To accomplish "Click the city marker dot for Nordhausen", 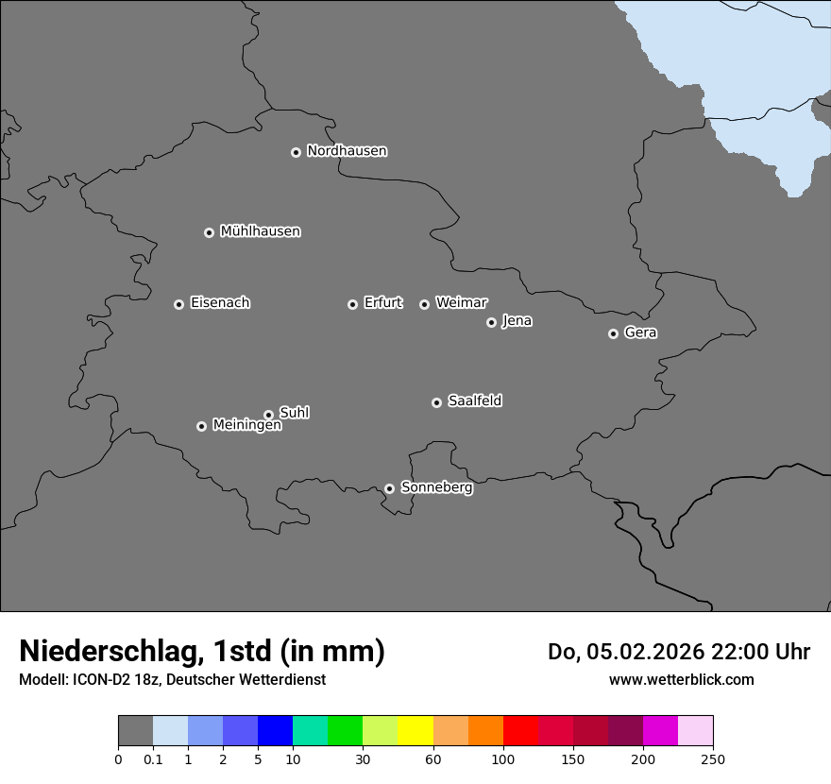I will tap(296, 152).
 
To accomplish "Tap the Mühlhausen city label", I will tap(260, 231).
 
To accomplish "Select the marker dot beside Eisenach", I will tap(178, 304).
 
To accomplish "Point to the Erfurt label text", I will tap(382, 303).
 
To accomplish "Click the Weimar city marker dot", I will tap(424, 304).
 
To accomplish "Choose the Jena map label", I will tap(517, 321).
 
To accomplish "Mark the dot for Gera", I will tap(613, 333).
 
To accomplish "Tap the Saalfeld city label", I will tap(474, 401).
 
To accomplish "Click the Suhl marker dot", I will tap(268, 415).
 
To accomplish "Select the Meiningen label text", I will tap(246, 426).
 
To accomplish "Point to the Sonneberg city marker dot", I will tap(389, 488).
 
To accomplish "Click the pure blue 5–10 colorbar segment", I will tap(275, 731).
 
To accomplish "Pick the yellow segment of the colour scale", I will tap(415, 731).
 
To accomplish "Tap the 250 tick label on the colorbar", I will tap(713, 758).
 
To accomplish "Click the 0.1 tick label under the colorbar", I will tap(153, 758).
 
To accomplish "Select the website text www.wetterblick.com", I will tap(681, 679).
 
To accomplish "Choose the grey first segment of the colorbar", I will tap(135, 731).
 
